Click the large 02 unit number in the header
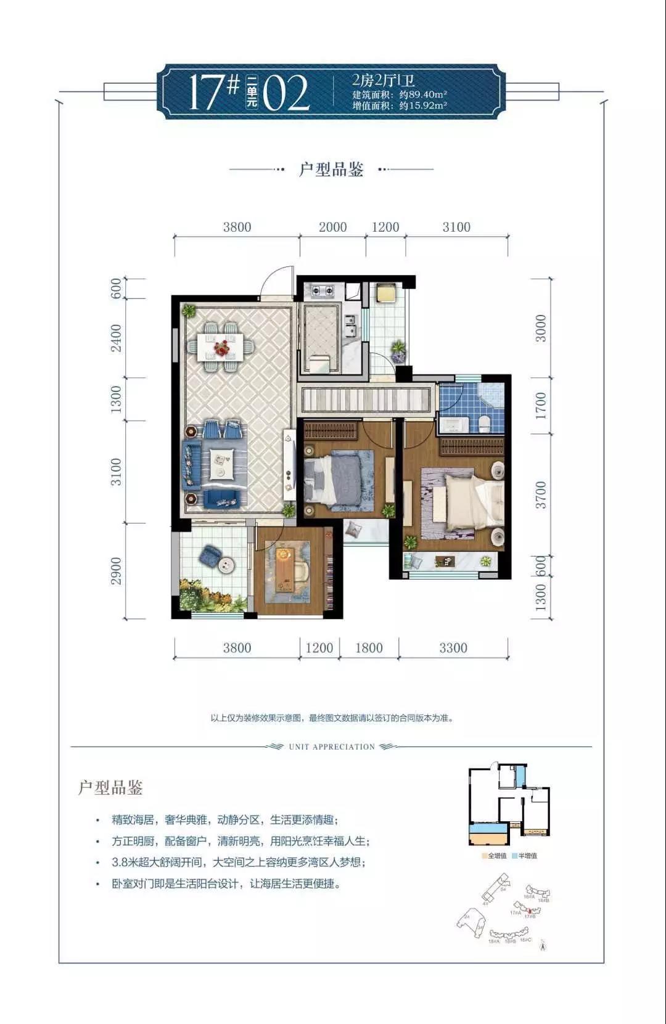[286, 94]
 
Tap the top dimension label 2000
[332, 227]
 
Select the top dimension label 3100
[456, 227]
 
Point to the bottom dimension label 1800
[369, 648]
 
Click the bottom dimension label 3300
[453, 648]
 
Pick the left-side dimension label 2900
[117, 571]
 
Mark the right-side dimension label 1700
[541, 406]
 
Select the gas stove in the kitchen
[322, 289]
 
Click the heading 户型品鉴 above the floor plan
[331, 169]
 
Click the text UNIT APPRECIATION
[332, 747]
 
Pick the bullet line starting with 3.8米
[239, 862]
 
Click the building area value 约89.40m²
[422, 94]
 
